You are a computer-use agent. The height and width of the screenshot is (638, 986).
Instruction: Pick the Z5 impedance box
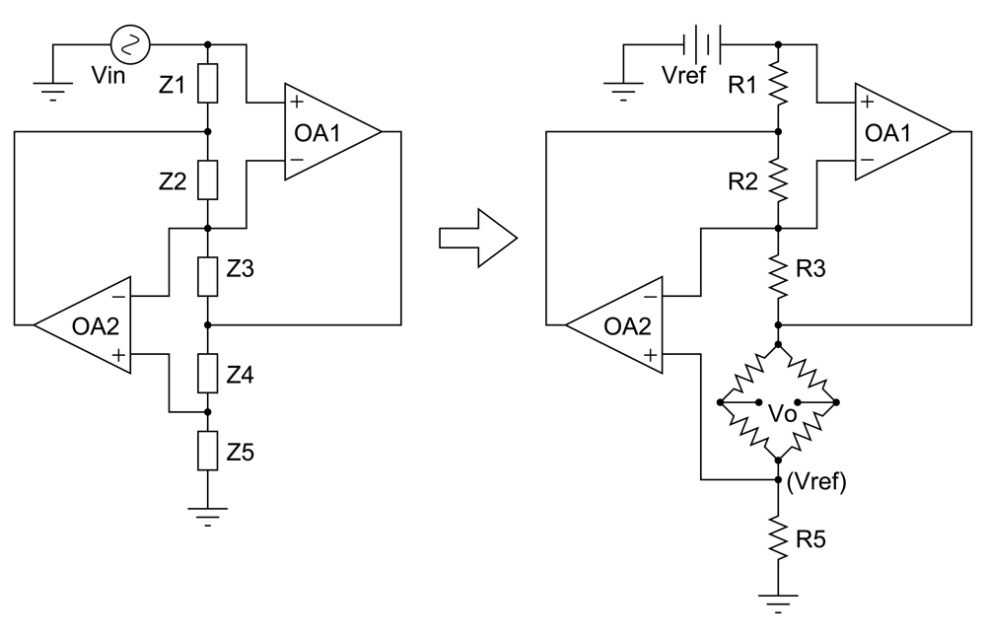pos(207,452)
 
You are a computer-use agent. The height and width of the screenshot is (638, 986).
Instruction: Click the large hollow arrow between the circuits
pos(478,238)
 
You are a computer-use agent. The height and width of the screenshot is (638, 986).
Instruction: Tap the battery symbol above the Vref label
pos(702,44)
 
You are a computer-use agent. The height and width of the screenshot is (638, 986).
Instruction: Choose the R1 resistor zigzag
pos(778,86)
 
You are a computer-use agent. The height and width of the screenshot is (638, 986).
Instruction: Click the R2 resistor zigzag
pos(778,180)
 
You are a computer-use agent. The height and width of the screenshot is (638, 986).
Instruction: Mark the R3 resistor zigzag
pos(778,275)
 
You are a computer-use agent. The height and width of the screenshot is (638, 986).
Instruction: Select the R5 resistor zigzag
pos(778,538)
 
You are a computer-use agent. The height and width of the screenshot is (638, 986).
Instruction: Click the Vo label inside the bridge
pos(781,415)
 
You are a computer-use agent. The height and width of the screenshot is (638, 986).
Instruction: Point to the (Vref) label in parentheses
pos(817,482)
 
